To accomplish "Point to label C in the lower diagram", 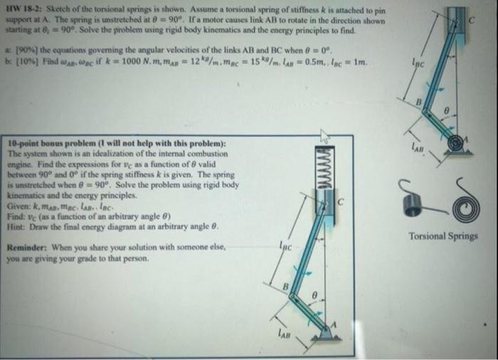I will tap(341, 202).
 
